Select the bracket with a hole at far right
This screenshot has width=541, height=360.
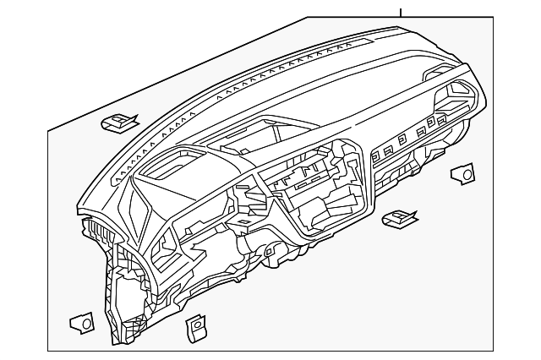462,174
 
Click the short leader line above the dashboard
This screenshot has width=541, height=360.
402,11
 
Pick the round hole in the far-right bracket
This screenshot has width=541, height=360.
466,173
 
